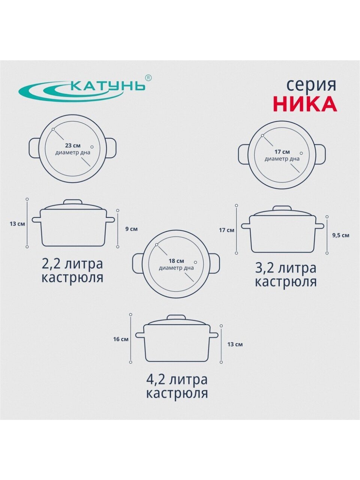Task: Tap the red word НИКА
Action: coord(306,104)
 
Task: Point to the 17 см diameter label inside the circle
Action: coord(281,152)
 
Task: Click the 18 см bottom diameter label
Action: coord(176,261)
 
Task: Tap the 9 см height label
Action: coord(131,229)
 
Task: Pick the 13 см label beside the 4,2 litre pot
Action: coord(235,344)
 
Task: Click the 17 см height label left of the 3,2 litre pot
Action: coord(226,230)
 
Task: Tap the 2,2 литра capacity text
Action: coord(72,264)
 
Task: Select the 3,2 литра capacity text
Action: coord(285,268)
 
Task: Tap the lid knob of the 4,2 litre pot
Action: coord(176,318)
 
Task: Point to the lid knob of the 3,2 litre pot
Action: coord(282,208)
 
